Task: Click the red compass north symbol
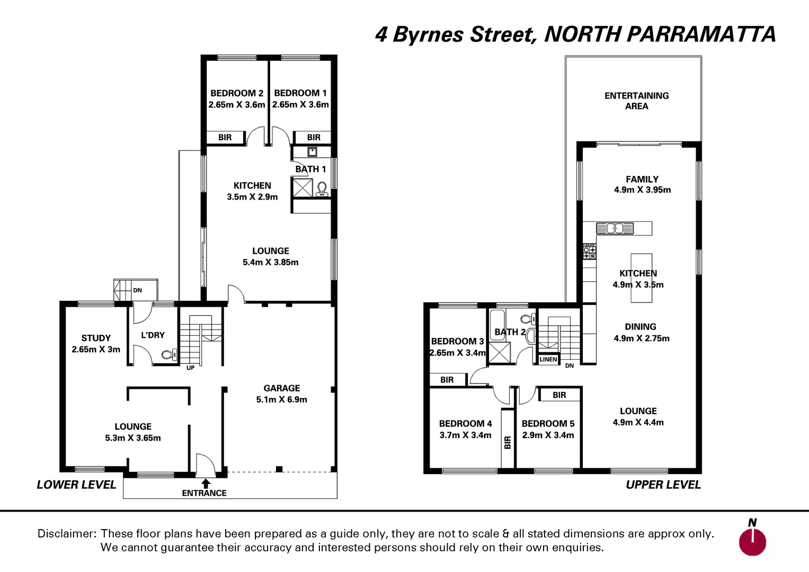(752, 542)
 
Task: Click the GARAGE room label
(282, 388)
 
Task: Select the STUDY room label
(96, 338)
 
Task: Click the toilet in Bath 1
(322, 189)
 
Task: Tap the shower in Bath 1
(303, 188)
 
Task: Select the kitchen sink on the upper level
(615, 228)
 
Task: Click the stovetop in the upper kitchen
(589, 251)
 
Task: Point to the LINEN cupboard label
(548, 359)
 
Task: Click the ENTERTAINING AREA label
(636, 101)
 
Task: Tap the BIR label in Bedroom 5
(559, 395)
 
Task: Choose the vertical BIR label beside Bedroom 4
(508, 442)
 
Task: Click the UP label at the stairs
(190, 368)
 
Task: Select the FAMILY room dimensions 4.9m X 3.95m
(642, 190)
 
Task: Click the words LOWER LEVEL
(76, 485)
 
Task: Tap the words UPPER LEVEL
(663, 485)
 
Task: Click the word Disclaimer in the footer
(67, 533)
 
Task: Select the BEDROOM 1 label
(300, 93)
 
